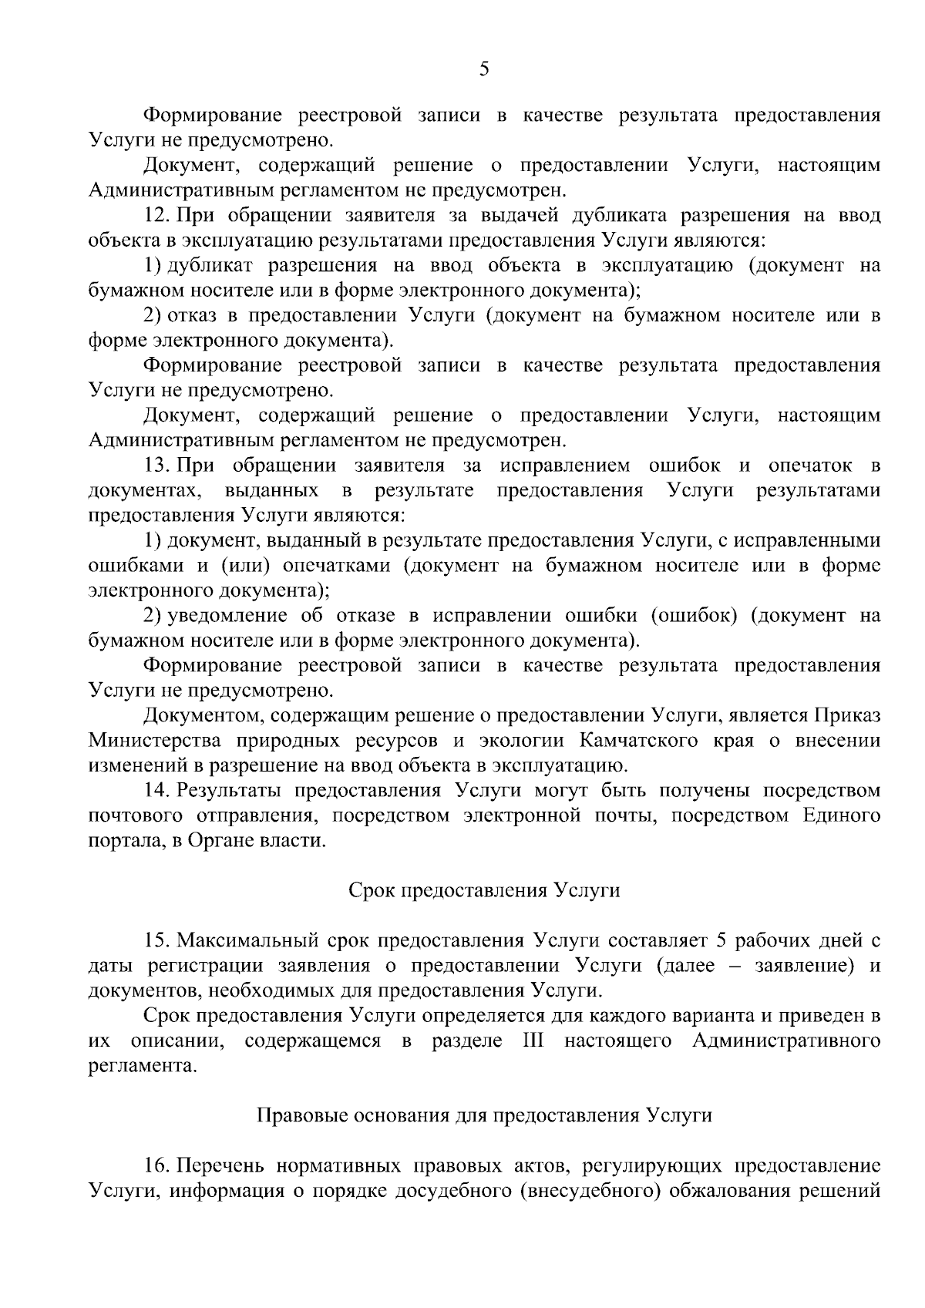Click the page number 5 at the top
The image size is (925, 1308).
point(484,70)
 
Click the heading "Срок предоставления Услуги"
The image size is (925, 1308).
point(484,890)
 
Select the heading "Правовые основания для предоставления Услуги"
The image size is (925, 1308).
point(484,1115)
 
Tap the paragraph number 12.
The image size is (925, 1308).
point(156,215)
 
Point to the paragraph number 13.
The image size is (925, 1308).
point(156,466)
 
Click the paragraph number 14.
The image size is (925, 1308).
point(156,791)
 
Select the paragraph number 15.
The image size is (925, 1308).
point(156,941)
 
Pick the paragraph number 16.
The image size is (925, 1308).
point(156,1165)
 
